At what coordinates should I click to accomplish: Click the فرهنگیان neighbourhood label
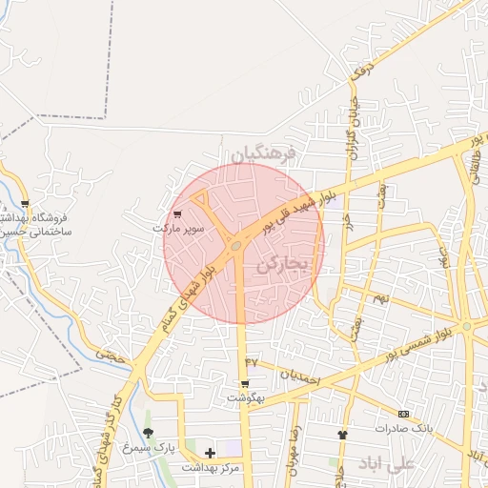point(263,153)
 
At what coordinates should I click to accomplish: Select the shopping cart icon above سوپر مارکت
point(178,215)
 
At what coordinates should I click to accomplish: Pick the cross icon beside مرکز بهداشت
point(210,452)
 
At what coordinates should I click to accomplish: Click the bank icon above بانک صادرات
point(404,414)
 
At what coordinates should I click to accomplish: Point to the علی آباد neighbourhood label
point(386,463)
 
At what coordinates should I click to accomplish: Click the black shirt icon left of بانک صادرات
point(342,434)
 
